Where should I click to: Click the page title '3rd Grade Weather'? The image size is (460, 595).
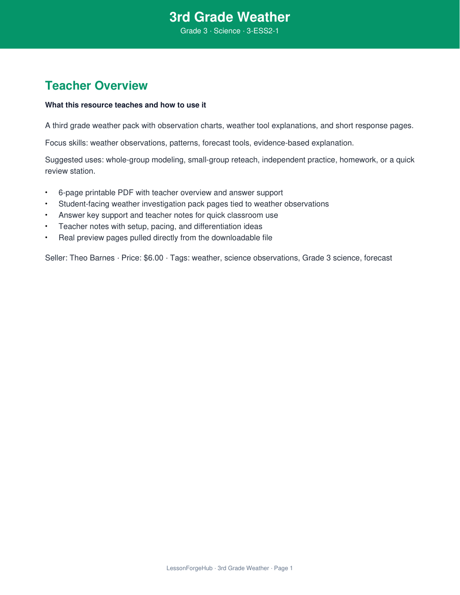pyautogui.click(x=230, y=17)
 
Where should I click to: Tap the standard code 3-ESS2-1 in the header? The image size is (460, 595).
pyautogui.click(x=263, y=31)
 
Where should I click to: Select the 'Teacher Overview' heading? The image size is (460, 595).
pyautogui.click(x=96, y=86)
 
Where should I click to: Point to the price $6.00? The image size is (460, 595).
pyautogui.click(x=153, y=258)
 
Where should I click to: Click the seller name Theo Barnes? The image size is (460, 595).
pyautogui.click(x=92, y=258)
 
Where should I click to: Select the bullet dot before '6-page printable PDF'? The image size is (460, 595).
pyautogui.click(x=46, y=193)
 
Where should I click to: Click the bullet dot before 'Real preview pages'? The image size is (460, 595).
pyautogui.click(x=46, y=238)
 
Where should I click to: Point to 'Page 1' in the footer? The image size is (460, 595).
pyautogui.click(x=284, y=568)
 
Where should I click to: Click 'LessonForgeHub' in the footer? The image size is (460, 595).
pyautogui.click(x=190, y=568)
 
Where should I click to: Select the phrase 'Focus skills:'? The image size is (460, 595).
pyautogui.click(x=67, y=143)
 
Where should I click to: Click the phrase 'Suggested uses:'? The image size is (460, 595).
pyautogui.click(x=74, y=160)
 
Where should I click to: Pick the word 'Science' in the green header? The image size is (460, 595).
pyautogui.click(x=227, y=31)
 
